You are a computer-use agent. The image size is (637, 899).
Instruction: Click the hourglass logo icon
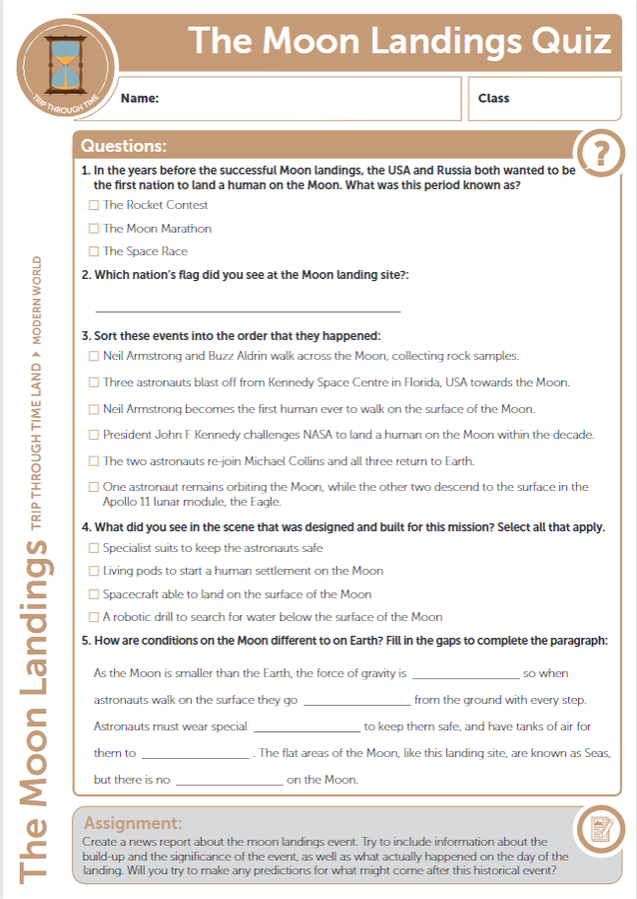tap(66, 61)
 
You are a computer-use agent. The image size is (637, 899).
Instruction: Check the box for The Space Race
tap(94, 251)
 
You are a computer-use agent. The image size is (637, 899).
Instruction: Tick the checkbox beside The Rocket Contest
tap(94, 205)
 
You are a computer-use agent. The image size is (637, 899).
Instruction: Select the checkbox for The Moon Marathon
tap(94, 229)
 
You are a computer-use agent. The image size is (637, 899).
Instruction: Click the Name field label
tap(140, 99)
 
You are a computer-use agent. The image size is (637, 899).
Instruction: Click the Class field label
tap(493, 99)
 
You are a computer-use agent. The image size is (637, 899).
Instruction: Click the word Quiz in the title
tap(570, 41)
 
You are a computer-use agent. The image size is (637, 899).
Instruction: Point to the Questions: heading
tap(123, 146)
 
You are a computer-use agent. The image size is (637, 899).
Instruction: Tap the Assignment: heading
tap(133, 822)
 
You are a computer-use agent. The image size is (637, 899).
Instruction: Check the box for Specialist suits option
tap(94, 548)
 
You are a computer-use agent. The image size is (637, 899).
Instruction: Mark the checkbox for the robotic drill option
tap(94, 617)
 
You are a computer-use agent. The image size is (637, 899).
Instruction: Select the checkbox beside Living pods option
tap(94, 571)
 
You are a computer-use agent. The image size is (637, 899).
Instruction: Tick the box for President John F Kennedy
tap(94, 435)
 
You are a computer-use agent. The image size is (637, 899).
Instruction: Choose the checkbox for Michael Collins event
tap(94, 461)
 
